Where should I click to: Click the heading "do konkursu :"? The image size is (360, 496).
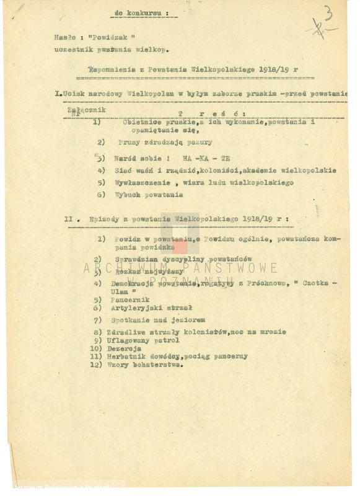[143, 12]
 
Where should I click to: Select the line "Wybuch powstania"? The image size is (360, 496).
[149, 195]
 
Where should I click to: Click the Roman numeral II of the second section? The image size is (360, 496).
[69, 218]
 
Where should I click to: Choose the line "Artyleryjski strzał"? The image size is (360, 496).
[150, 308]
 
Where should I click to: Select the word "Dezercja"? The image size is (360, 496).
[128, 348]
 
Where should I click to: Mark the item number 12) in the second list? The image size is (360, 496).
[95, 365]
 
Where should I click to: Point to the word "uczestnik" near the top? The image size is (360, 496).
[72, 48]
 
